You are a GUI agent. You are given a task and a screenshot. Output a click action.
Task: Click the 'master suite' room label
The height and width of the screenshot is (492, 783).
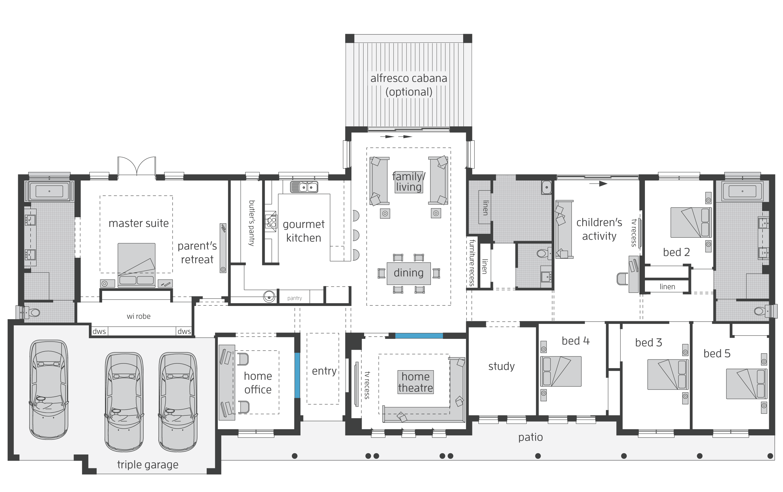(x=138, y=224)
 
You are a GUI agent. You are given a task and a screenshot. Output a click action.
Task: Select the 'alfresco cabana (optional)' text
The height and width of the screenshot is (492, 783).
(x=409, y=85)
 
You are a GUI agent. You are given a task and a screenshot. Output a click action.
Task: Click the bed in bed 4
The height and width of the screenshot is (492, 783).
(x=561, y=371)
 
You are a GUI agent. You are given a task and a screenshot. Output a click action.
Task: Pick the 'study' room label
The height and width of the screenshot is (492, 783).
(x=501, y=367)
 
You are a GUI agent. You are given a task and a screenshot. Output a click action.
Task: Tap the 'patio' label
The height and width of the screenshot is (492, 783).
(x=530, y=437)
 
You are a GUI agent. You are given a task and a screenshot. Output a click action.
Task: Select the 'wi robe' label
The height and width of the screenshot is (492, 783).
(x=138, y=316)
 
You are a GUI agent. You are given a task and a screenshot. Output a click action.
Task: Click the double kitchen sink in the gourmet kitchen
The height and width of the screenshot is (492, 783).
(x=304, y=187)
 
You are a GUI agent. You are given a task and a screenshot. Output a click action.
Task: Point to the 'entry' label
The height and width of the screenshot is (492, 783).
(x=324, y=371)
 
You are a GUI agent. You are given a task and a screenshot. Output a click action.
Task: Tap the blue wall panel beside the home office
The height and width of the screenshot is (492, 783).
(x=297, y=375)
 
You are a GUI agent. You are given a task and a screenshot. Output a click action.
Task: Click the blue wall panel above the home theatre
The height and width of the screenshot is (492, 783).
(x=419, y=335)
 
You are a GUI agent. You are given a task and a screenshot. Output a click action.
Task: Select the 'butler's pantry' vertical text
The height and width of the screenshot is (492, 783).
(x=252, y=223)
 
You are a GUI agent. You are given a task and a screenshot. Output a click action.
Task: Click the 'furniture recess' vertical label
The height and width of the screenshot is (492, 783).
(x=472, y=263)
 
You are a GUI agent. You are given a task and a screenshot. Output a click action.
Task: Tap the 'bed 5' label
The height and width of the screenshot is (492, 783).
(x=717, y=354)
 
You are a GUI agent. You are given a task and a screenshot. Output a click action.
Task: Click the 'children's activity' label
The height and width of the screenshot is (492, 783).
(x=599, y=229)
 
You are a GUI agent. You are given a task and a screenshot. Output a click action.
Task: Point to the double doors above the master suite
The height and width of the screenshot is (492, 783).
(x=137, y=166)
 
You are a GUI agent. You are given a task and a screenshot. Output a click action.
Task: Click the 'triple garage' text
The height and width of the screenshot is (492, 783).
(x=148, y=465)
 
